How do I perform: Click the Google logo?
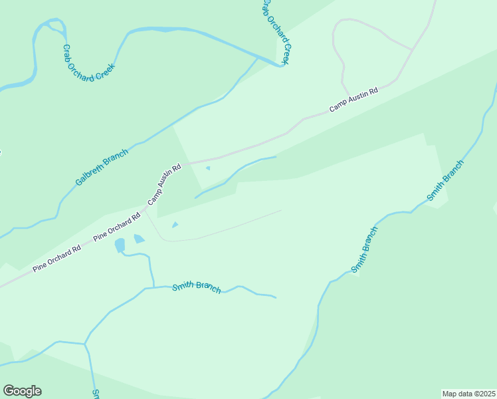(22, 391)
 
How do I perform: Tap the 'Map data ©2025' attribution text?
(468, 393)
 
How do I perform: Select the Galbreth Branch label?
(101, 168)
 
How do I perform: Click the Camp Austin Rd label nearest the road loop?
(353, 100)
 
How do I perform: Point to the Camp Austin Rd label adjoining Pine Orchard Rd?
(164, 185)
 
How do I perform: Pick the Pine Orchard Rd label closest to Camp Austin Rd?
(118, 227)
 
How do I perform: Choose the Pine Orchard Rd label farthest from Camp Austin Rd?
(56, 258)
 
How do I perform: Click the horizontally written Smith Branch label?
(196, 287)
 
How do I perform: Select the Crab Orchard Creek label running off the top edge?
(276, 31)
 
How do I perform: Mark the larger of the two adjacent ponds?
(120, 245)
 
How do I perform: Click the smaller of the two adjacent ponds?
(139, 239)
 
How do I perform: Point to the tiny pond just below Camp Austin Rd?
(208, 168)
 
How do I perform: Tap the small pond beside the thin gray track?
(175, 225)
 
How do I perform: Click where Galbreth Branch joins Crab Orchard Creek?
(258, 57)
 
